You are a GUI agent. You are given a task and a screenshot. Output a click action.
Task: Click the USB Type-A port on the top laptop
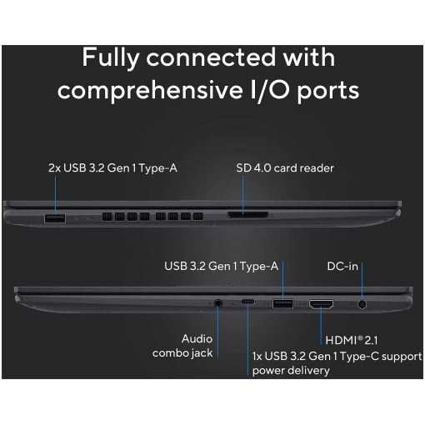(55, 218)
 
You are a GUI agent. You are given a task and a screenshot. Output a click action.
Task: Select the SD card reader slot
(248, 215)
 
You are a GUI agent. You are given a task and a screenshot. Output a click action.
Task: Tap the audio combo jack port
(218, 303)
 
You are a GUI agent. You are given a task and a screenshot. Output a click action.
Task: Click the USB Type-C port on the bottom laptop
(247, 302)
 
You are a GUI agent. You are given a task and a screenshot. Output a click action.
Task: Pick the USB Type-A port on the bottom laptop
(282, 303)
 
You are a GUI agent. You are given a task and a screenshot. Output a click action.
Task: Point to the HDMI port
(322, 304)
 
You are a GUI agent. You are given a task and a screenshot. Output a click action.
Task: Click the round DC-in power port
(362, 304)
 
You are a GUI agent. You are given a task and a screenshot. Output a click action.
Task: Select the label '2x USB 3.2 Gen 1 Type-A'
(112, 168)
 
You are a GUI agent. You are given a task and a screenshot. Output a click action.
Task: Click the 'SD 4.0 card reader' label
(285, 168)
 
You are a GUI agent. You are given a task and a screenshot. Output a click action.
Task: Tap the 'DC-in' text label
(342, 266)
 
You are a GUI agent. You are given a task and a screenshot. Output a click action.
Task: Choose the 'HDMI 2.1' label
(352, 340)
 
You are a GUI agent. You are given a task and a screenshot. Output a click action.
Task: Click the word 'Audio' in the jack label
(197, 338)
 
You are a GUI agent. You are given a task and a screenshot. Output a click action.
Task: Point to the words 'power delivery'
(291, 371)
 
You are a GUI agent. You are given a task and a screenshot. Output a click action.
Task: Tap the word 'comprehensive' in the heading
(150, 91)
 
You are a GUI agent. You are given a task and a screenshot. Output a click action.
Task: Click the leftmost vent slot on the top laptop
(107, 217)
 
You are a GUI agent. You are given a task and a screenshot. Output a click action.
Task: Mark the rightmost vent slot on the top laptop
(198, 217)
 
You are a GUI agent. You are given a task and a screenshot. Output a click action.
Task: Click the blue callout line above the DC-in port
(362, 281)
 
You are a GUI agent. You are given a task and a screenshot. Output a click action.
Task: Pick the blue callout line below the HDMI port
(321, 326)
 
